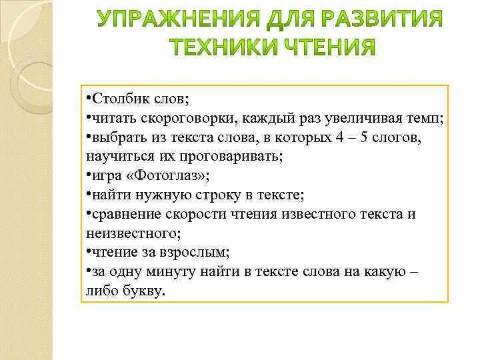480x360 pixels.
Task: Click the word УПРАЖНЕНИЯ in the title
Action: pyautogui.click(x=167, y=19)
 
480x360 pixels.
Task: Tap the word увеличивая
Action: pyautogui.click(x=355, y=119)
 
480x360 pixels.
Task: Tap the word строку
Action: pyautogui.click(x=211, y=195)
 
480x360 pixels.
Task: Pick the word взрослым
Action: pyautogui.click(x=197, y=253)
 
